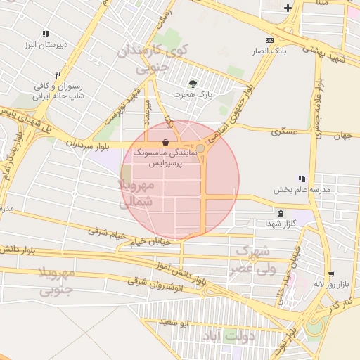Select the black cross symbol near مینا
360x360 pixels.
(x=288, y=8)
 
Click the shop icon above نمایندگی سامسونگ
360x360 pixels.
(x=165, y=141)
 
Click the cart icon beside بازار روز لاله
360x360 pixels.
(x=330, y=274)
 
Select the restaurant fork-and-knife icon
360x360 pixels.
(x=58, y=75)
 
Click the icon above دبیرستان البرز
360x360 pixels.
(x=46, y=34)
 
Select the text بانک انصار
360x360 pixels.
(x=289, y=51)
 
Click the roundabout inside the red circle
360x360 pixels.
(x=200, y=148)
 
